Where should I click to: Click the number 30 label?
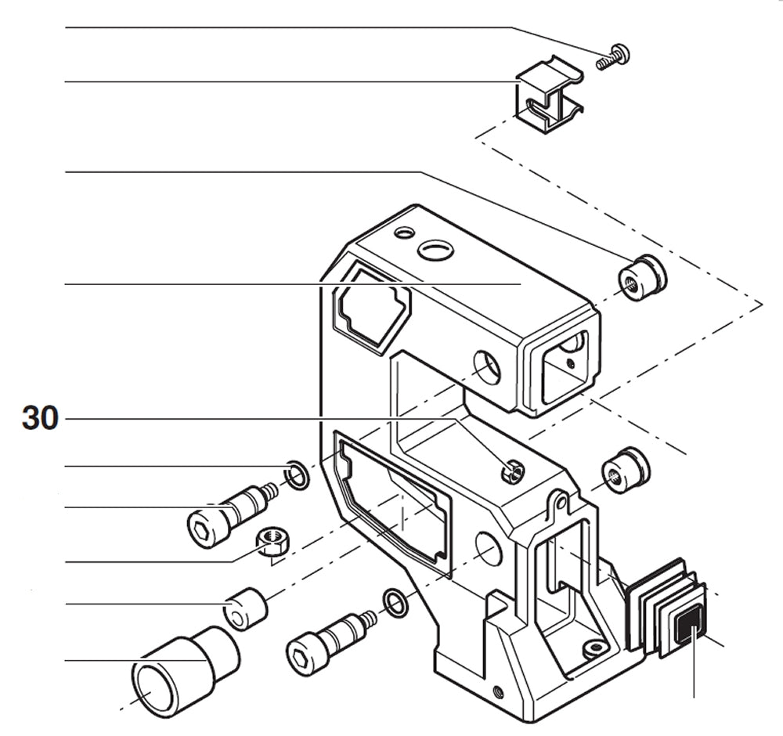(40, 419)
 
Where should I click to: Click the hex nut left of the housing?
(274, 539)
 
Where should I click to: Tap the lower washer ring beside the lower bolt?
(395, 603)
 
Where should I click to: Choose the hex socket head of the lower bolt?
(301, 655)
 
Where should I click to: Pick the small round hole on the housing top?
(404, 233)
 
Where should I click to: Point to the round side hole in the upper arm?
(487, 367)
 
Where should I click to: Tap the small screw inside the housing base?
(596, 648)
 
